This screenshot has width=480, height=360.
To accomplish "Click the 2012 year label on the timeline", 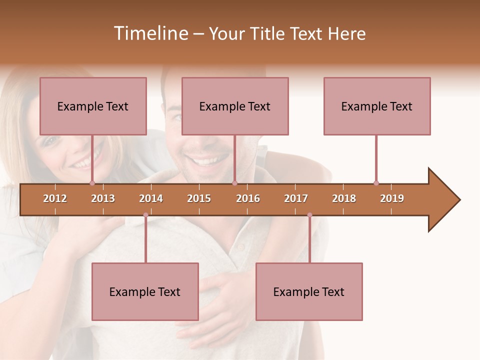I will point(55,198).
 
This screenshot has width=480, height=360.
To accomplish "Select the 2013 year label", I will point(103,198).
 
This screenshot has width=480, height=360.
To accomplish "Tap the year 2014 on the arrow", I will point(151,198).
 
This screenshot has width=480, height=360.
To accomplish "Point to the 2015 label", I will point(199,198).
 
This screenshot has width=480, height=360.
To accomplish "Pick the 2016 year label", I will point(248,198).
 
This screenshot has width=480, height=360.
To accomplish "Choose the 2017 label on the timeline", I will point(296,198).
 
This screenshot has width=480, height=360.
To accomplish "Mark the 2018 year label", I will point(344,198).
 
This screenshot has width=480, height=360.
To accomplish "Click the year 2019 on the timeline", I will point(392,198).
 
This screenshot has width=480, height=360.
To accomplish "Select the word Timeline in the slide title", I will point(150,33).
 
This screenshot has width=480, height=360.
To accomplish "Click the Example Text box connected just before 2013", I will point(93,106).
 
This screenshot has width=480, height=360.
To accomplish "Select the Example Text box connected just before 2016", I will point(235,106).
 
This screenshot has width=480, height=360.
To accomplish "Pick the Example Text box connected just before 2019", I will point(377,106).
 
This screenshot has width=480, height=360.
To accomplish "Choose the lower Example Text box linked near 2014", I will point(145,291).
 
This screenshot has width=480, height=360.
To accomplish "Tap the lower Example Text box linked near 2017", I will point(309,291).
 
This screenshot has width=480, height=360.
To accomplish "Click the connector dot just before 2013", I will point(92,183).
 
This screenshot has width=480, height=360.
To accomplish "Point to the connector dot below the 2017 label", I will point(309,215).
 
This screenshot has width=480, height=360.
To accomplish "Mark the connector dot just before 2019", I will point(376,183).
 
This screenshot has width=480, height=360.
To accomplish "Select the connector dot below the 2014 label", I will point(145,215).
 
